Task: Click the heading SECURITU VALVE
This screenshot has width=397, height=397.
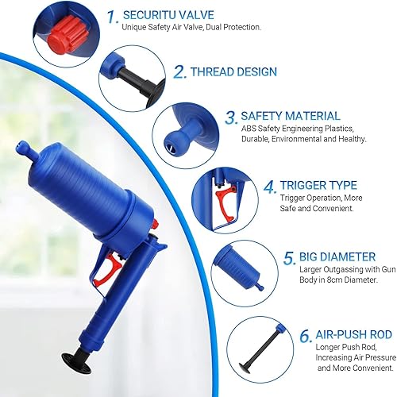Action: tap(168, 15)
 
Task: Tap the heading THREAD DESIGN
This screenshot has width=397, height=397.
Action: tap(234, 72)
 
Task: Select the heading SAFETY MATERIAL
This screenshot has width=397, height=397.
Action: tap(291, 116)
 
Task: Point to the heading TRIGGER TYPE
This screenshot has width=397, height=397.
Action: tap(318, 185)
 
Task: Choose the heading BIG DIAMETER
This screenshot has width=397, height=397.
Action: tap(337, 257)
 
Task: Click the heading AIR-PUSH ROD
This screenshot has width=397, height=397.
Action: tap(354, 334)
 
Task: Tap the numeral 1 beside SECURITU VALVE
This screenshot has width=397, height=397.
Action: tap(112, 17)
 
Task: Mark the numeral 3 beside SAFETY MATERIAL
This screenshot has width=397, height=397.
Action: tap(231, 118)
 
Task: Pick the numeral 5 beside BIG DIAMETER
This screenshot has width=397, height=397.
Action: tap(289, 258)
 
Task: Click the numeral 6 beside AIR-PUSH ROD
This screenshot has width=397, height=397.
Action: tap(306, 336)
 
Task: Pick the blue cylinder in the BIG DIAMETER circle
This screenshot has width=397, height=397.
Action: tap(238, 268)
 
